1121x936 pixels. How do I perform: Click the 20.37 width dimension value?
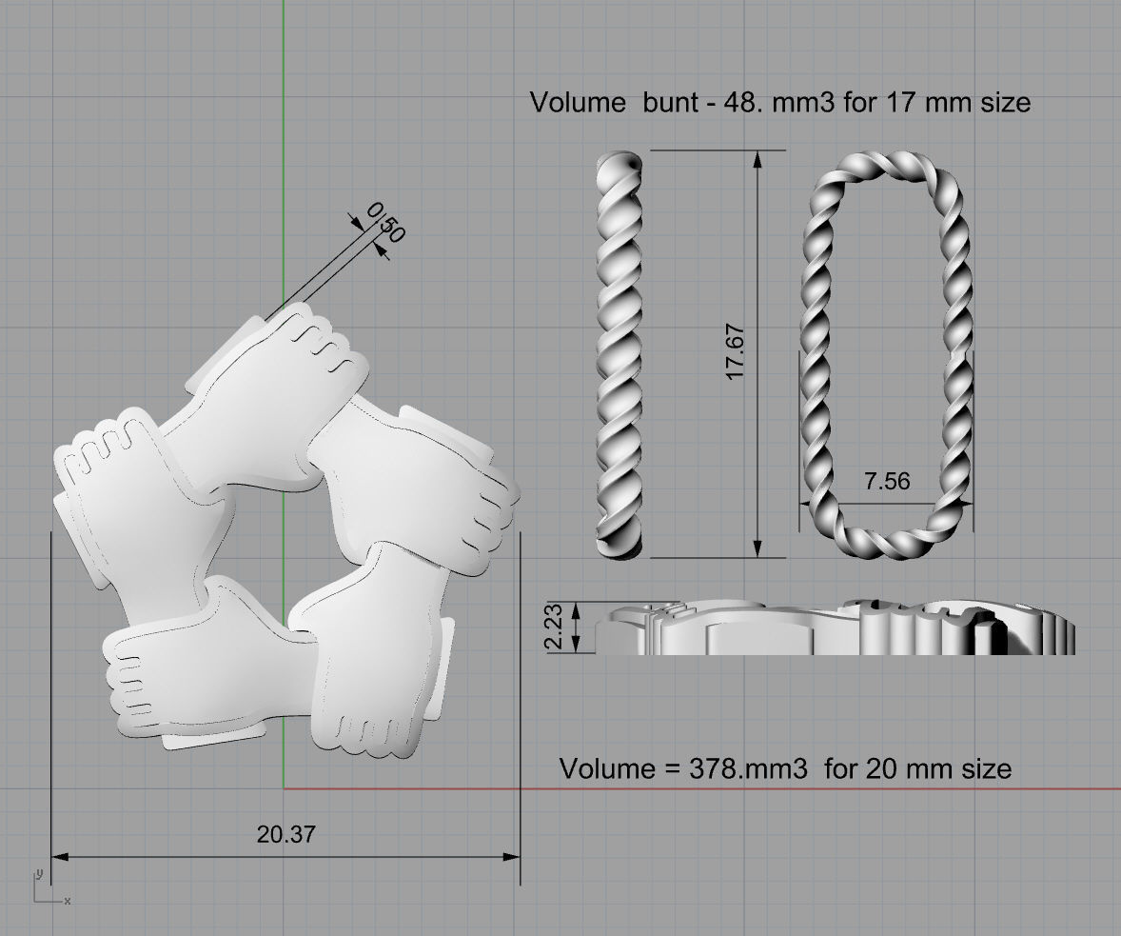click(285, 834)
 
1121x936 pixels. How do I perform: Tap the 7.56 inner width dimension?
click(887, 481)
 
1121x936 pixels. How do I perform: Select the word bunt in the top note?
click(674, 102)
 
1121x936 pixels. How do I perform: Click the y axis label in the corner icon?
click(38, 873)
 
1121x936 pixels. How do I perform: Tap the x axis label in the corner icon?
click(68, 900)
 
